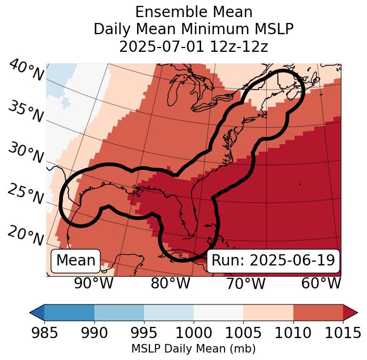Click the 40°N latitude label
(x=26, y=71)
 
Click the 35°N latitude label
(x=25, y=112)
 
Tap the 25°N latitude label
(x=26, y=194)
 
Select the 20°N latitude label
(x=26, y=235)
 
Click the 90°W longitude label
(x=93, y=284)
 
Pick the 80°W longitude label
(x=170, y=284)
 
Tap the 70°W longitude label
(x=245, y=284)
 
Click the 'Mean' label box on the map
(x=76, y=261)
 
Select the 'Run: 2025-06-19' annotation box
(x=273, y=261)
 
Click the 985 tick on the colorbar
(x=44, y=333)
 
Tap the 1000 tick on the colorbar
(x=194, y=333)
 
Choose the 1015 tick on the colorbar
(x=343, y=333)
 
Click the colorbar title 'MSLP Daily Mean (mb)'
(x=193, y=349)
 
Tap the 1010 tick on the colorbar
(x=293, y=333)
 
